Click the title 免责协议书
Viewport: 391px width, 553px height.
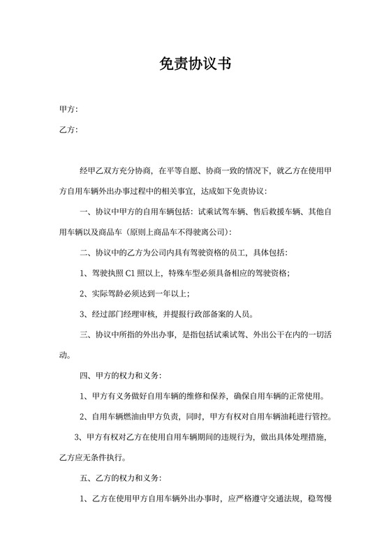[x=195, y=64]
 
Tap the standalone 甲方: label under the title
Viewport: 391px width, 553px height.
[x=68, y=110]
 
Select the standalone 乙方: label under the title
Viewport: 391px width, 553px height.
[x=68, y=130]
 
